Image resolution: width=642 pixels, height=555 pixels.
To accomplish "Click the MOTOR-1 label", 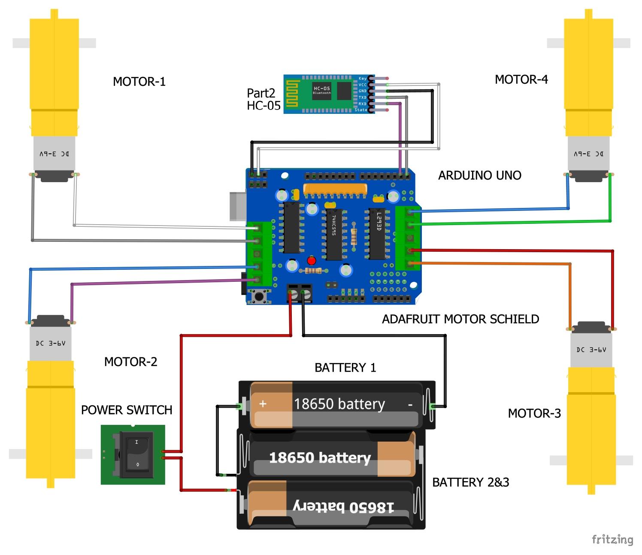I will click(139, 82).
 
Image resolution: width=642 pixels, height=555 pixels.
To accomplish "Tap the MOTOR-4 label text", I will click(521, 79).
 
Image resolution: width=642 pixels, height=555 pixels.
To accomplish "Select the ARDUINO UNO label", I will click(479, 175).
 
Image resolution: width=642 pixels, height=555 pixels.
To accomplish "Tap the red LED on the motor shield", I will click(312, 261).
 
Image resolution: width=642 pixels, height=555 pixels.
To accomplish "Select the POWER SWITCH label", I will click(127, 410).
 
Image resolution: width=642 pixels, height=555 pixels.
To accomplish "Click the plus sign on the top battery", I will click(263, 404).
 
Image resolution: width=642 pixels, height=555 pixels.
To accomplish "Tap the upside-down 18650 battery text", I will click(343, 506).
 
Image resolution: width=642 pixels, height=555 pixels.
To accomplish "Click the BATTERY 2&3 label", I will click(470, 482).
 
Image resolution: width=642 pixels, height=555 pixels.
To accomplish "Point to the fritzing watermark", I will click(612, 539).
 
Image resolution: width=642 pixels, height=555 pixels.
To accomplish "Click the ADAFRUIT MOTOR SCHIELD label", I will click(460, 319).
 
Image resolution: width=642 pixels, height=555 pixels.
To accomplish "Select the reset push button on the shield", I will click(259, 296).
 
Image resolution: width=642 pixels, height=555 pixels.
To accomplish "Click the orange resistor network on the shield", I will click(335, 189).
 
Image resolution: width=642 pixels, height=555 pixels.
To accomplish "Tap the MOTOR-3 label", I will click(534, 413).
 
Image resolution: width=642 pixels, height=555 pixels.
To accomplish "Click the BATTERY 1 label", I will click(345, 368).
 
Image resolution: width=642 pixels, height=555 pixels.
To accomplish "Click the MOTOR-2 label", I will click(130, 362).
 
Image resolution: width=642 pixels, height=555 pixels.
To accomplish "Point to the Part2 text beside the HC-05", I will click(260, 93).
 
